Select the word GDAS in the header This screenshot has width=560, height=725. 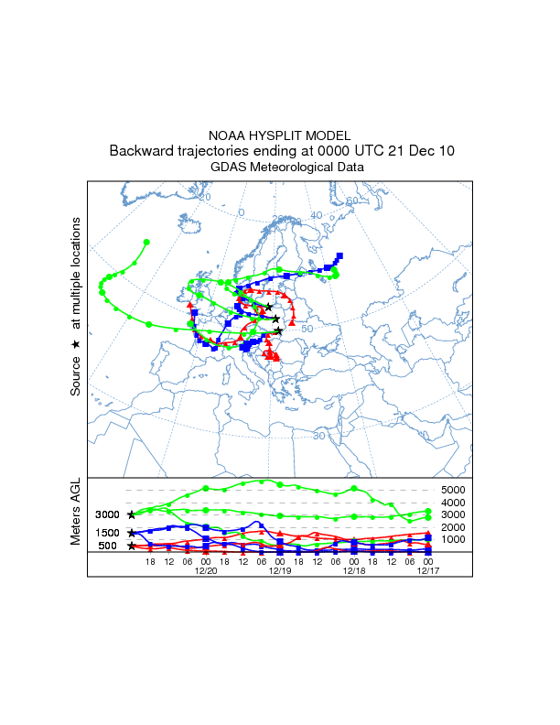(x=228, y=167)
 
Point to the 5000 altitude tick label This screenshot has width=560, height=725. (x=455, y=491)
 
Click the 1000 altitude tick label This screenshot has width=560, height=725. (x=455, y=539)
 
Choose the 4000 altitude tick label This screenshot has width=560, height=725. (x=455, y=503)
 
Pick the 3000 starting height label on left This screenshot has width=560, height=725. (x=109, y=515)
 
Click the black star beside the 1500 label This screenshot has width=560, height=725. (x=132, y=532)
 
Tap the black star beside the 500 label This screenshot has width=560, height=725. (x=132, y=546)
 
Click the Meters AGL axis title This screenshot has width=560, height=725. (x=76, y=514)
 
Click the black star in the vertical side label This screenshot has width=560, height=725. (x=76, y=343)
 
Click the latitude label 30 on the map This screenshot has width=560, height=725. (x=318, y=436)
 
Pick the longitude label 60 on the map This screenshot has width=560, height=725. (x=351, y=201)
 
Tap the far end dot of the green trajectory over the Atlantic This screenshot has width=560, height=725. (x=147, y=242)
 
